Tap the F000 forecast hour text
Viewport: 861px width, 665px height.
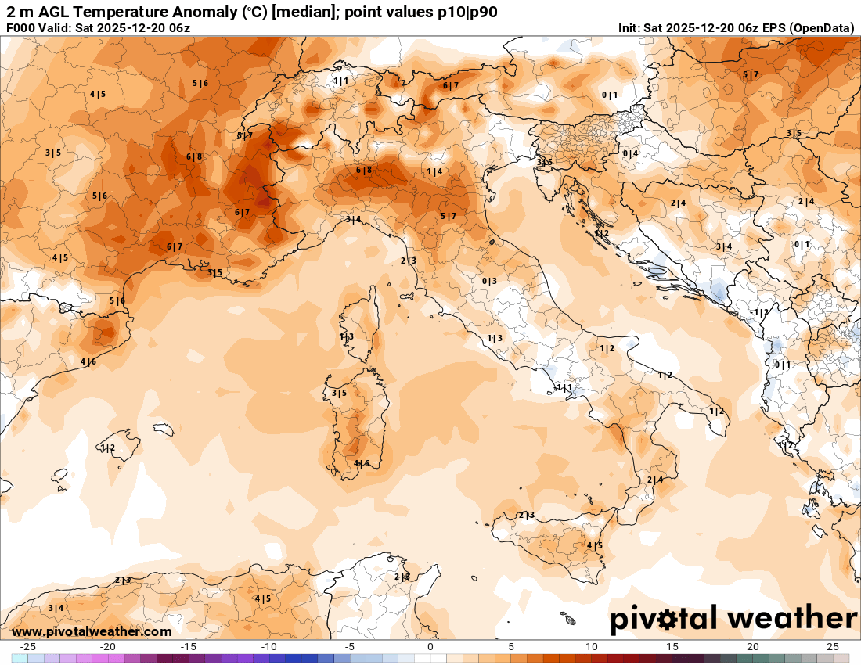20,28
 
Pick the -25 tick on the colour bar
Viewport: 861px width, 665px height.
28,647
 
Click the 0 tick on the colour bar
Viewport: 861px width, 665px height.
430,647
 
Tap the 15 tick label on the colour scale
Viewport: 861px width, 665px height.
672,647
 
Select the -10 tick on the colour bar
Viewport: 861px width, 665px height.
268,647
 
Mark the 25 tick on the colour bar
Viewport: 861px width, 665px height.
833,647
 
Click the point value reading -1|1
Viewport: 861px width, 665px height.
339,81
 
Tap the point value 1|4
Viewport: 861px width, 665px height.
434,171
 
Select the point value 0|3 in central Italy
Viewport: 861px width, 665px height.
489,281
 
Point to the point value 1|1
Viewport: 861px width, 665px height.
564,387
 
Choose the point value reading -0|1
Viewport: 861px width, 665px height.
781,365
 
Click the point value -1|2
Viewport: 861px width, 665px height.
760,312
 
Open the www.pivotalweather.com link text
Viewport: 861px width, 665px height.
92,631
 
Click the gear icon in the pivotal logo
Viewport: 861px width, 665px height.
668,620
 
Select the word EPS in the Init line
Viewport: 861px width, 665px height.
772,28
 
